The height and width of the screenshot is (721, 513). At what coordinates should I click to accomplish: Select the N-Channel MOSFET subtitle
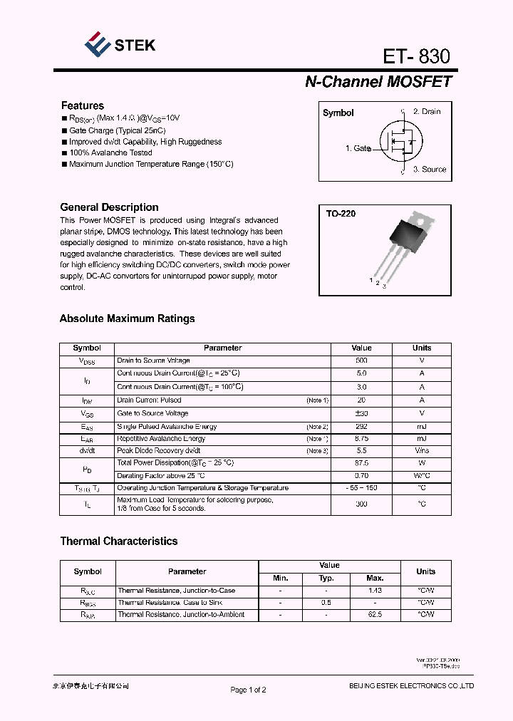(378, 82)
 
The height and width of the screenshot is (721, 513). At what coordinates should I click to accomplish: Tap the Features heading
(82, 105)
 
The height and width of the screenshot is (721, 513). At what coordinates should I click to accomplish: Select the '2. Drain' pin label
(427, 112)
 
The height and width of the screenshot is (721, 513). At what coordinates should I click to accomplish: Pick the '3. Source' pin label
(429, 170)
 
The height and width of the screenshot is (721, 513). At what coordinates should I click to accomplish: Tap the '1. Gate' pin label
(358, 148)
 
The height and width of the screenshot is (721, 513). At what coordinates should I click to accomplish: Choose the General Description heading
(109, 207)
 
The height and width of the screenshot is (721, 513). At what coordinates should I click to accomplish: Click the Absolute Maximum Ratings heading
(127, 318)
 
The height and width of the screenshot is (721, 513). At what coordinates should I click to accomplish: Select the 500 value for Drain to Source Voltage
(361, 360)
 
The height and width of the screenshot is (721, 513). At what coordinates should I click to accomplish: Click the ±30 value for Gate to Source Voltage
(361, 413)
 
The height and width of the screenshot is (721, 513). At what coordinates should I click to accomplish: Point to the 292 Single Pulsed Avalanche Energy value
(361, 426)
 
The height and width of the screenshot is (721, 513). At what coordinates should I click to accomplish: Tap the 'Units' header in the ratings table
(422, 348)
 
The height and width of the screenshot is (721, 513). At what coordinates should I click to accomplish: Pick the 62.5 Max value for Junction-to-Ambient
(375, 614)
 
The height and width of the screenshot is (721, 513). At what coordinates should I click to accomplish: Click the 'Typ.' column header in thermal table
(326, 578)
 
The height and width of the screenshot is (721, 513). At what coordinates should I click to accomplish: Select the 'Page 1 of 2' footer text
(248, 690)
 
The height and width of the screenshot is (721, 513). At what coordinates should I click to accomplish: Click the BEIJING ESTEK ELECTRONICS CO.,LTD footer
(411, 686)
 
